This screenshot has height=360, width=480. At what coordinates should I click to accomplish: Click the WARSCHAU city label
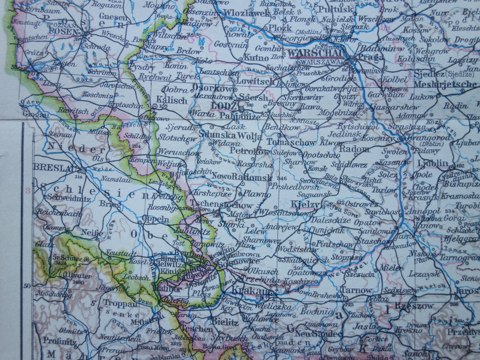coord(315,53)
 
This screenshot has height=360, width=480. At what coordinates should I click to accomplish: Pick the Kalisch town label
coord(172,100)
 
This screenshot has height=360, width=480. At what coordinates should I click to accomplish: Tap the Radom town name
coord(354,149)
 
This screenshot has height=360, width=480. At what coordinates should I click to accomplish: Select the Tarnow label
coord(356,290)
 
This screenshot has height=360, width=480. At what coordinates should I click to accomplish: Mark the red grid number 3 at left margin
coord(28,191)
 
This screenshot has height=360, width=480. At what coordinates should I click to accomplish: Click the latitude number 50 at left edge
coord(27,285)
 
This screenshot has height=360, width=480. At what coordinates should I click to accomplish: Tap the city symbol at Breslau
coord(82,170)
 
